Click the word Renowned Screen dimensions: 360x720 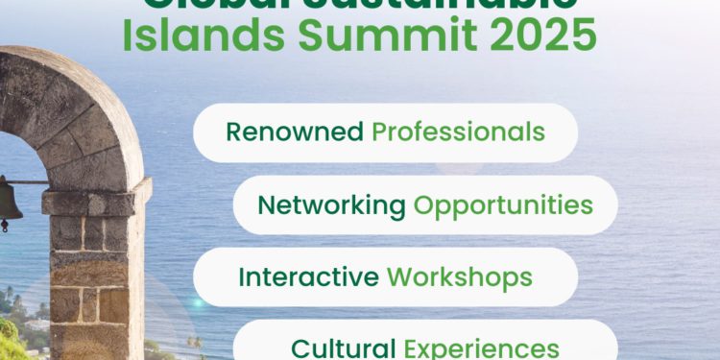tap(295, 132)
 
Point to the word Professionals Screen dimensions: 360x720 tap(458, 132)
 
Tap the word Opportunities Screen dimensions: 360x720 tap(503, 204)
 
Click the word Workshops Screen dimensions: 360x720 tap(460, 277)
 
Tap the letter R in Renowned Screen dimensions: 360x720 tap(233, 132)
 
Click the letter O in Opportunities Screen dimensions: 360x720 tap(422, 204)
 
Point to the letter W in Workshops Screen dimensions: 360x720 tap(398, 277)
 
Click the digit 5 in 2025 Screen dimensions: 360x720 tap(582, 36)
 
